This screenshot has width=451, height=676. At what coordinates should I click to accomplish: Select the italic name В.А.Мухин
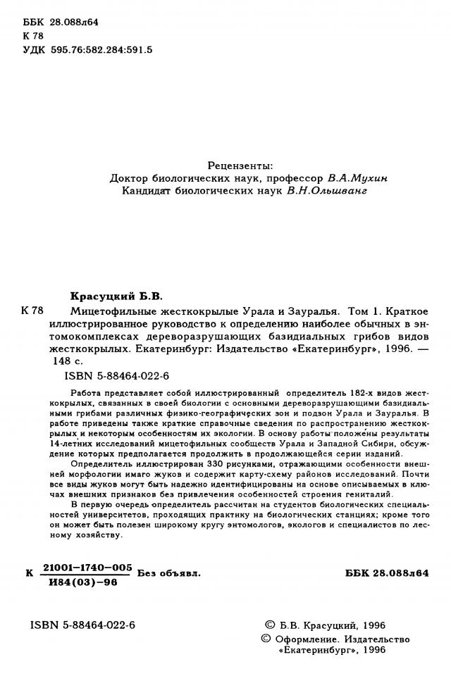[x=358, y=177]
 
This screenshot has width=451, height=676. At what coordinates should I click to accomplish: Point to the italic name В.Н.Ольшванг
[x=329, y=190]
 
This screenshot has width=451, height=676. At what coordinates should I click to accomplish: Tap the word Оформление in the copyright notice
[x=309, y=639]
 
